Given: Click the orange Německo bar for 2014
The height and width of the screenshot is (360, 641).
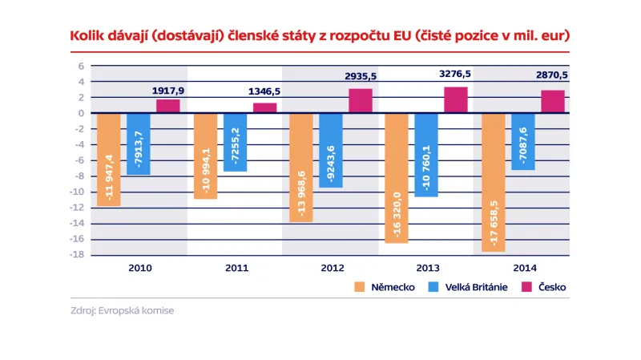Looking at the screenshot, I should pyautogui.click(x=493, y=182).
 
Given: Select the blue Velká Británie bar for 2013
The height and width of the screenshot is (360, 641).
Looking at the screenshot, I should pyautogui.click(x=427, y=155).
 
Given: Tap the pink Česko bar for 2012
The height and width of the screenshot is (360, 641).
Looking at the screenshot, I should pyautogui.click(x=360, y=100).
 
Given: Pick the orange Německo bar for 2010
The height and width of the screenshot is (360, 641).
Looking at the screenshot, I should pyautogui.click(x=108, y=160).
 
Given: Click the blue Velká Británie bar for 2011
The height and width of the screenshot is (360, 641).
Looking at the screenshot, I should pyautogui.click(x=235, y=142).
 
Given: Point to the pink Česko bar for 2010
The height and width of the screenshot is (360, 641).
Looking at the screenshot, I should pyautogui.click(x=167, y=106).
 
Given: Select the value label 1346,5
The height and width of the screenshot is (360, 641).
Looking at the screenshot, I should pyautogui.click(x=263, y=91).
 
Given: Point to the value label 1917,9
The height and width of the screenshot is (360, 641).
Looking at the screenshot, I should pyautogui.click(x=167, y=91).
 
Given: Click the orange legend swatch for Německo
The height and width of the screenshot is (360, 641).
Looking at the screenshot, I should pyautogui.click(x=357, y=287).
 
